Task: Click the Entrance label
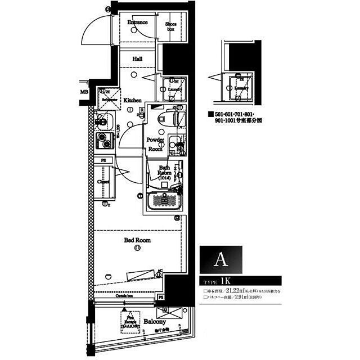tap(137, 22)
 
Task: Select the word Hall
tap(137, 58)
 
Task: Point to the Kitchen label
tap(133, 100)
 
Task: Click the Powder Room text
tap(155, 144)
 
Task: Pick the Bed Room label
tap(137, 240)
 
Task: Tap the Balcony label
tap(154, 322)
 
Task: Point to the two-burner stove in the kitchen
tap(104, 140)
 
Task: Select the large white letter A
tap(221, 260)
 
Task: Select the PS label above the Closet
tap(103, 160)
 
